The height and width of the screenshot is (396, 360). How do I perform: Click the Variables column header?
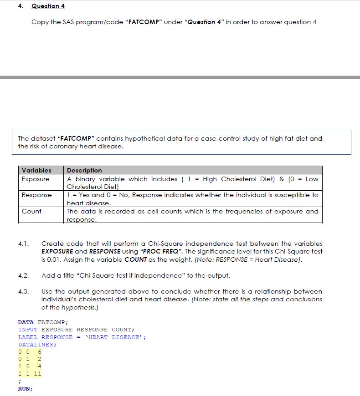[x=36, y=170]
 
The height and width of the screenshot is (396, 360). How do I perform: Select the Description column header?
[x=84, y=170]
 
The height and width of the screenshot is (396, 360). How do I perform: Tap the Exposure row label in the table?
[x=35, y=179]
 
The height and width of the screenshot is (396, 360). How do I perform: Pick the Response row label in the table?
[x=36, y=195]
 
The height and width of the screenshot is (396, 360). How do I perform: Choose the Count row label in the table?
[x=31, y=211]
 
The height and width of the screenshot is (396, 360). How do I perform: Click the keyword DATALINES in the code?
[x=36, y=345]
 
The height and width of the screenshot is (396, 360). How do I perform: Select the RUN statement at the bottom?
[x=25, y=389]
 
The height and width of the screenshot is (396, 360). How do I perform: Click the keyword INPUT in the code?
[x=28, y=330]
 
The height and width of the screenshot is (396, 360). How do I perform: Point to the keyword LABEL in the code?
[x=28, y=337]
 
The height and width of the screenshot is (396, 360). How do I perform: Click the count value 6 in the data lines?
[x=40, y=352]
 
